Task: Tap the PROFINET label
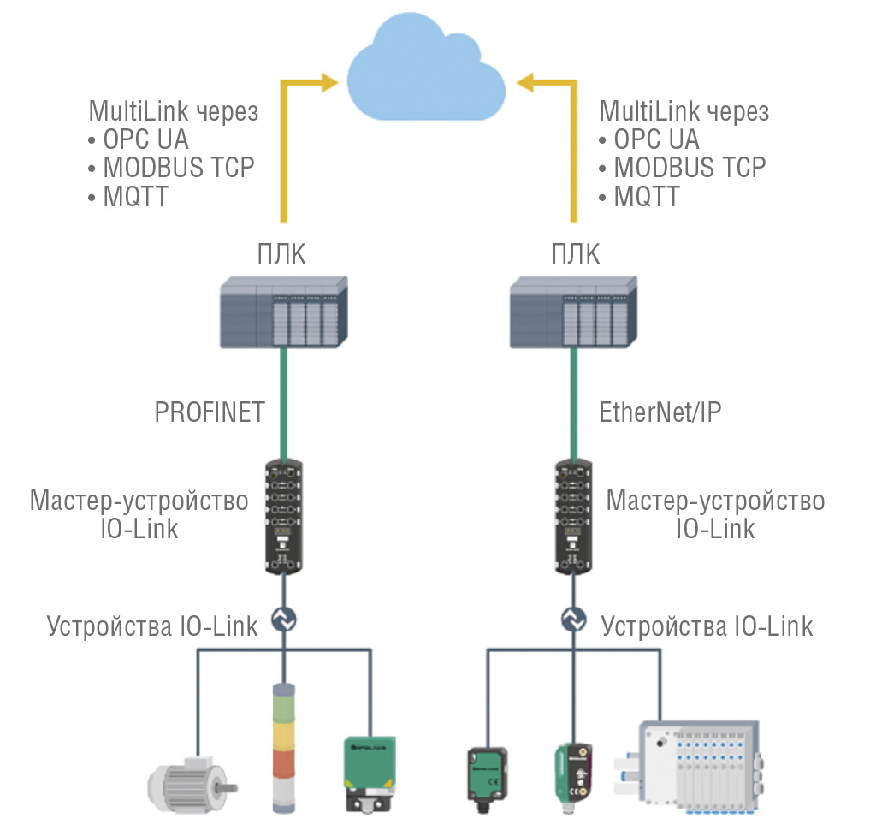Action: point(210,412)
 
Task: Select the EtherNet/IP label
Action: point(660,412)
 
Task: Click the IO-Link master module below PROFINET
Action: point(283,517)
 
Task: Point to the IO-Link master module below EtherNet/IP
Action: point(571,517)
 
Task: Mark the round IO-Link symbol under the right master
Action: point(571,618)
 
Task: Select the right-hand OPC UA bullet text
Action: point(656,139)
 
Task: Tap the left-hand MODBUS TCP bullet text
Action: point(178,168)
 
